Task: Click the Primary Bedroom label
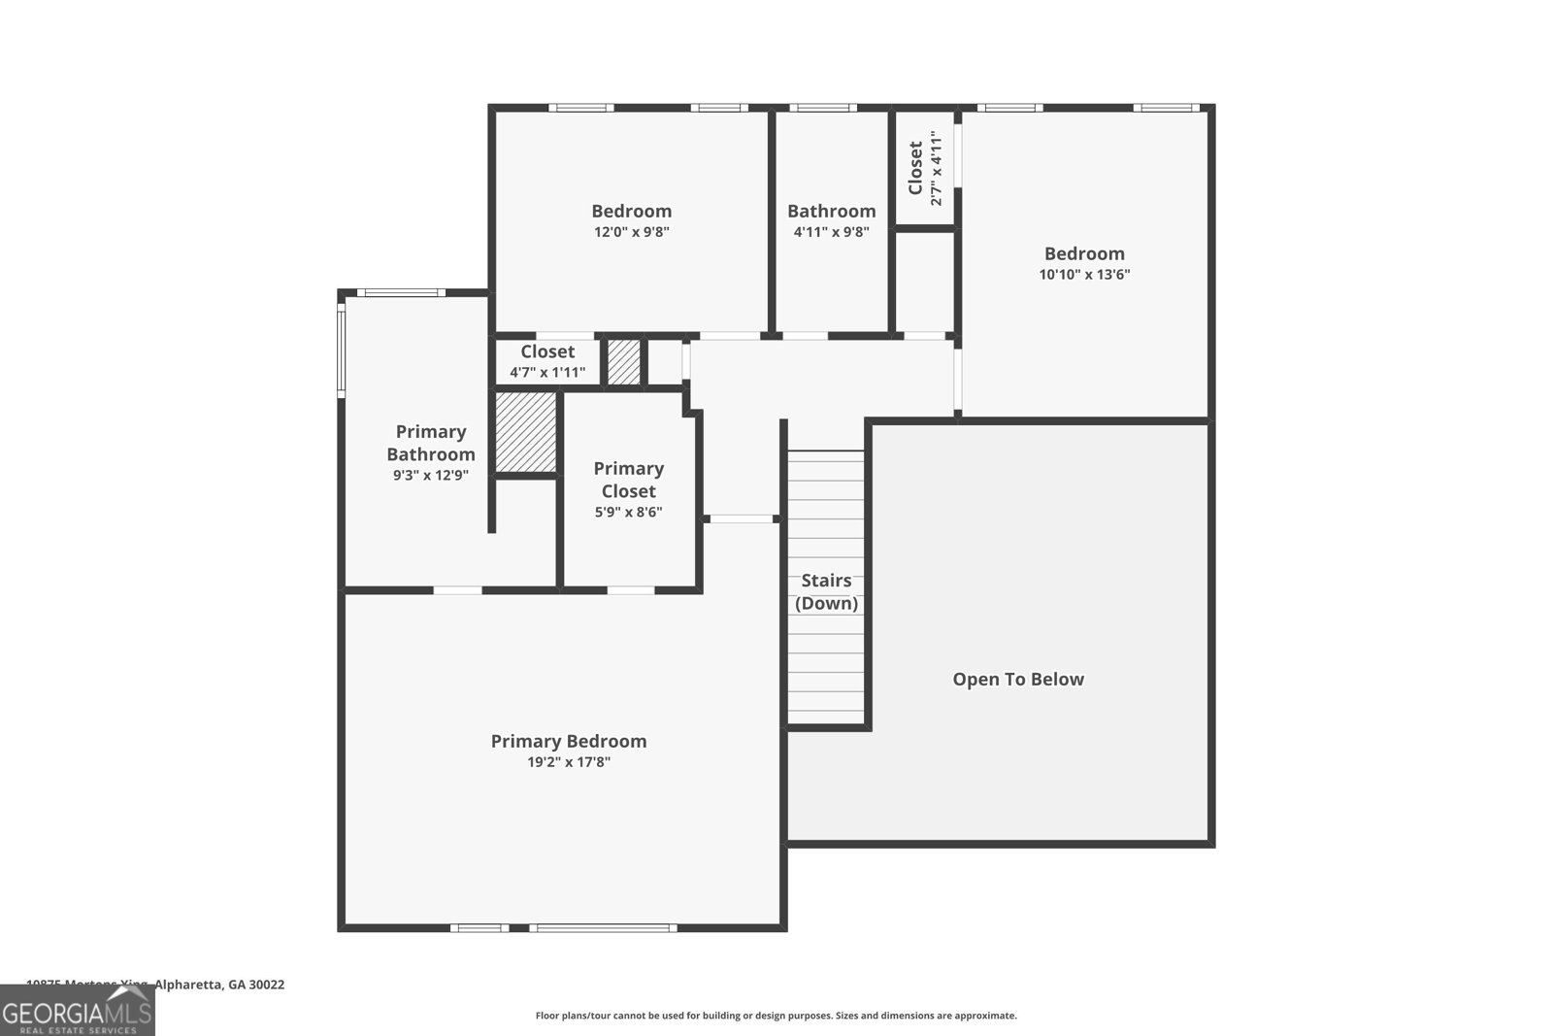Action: [568, 741]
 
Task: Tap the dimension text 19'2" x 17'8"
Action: [568, 762]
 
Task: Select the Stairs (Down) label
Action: [826, 591]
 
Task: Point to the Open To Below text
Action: [1017, 680]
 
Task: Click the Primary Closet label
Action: [628, 480]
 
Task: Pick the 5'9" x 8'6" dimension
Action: [628, 512]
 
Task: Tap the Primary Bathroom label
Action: [431, 443]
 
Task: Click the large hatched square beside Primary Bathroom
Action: [526, 432]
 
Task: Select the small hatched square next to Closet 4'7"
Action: [624, 361]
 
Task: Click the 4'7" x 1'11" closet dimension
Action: [547, 372]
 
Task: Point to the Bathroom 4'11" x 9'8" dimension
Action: [831, 232]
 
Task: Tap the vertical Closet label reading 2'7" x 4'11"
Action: [925, 168]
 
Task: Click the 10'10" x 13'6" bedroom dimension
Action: [1084, 275]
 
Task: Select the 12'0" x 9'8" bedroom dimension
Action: [632, 232]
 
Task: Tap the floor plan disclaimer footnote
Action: [776, 1016]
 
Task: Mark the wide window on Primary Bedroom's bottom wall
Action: [603, 928]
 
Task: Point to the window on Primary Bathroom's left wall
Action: [342, 351]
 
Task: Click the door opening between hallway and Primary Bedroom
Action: [742, 519]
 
